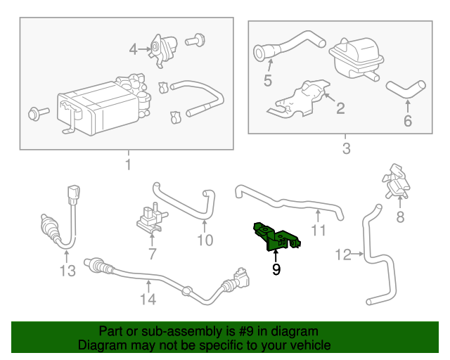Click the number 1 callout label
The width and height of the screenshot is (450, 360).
(x=128, y=165)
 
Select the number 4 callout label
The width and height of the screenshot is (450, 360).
(x=134, y=49)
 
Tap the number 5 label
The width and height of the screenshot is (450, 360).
(x=267, y=80)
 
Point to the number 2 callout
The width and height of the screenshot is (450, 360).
(x=340, y=108)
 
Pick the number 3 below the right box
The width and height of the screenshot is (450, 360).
(x=345, y=148)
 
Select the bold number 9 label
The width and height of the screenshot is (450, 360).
(x=276, y=269)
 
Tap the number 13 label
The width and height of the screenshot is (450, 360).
(x=67, y=271)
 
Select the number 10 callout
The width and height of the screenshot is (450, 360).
(x=204, y=240)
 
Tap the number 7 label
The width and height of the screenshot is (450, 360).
(x=152, y=253)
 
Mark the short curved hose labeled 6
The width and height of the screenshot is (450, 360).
(x=405, y=89)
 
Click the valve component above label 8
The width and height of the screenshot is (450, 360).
(x=397, y=182)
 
